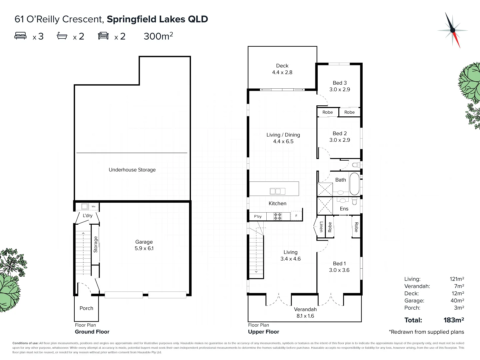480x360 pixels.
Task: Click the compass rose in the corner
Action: [x=452, y=30]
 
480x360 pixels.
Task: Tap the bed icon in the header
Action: [x=20, y=36]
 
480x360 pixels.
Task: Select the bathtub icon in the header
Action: [x=62, y=36]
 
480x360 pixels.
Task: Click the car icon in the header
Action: [x=103, y=36]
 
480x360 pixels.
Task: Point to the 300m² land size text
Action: [x=158, y=36]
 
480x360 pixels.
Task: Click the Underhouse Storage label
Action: [x=132, y=170]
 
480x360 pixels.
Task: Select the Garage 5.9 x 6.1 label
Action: [x=144, y=245]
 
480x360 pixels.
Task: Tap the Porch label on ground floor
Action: [x=86, y=308]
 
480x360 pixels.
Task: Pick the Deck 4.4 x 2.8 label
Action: [x=282, y=69]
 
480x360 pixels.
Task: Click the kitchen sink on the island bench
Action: [x=277, y=191]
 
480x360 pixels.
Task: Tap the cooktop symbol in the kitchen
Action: [x=278, y=216]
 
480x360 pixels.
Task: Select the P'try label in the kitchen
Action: [x=258, y=217]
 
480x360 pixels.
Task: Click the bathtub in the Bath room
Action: [x=354, y=184]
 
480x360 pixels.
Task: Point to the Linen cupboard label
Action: [x=321, y=227]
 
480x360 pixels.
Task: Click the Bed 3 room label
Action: [x=340, y=86]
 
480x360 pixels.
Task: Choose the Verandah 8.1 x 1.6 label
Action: [x=305, y=313]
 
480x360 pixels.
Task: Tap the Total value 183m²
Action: [x=454, y=320]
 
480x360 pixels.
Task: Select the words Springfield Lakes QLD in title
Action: [x=157, y=19]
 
